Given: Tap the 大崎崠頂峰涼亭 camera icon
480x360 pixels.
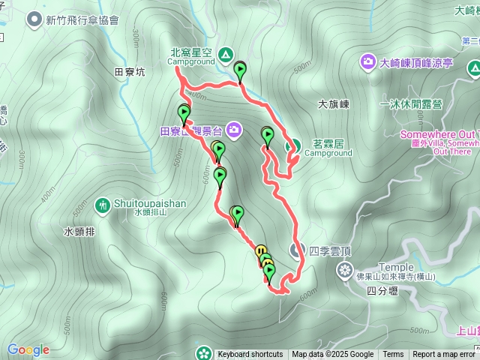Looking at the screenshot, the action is click(368, 61).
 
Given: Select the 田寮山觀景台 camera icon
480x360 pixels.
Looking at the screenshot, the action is click(235, 130).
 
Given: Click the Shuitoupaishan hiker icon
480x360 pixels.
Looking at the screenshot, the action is click(103, 204).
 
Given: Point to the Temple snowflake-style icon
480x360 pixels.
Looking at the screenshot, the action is click(345, 270).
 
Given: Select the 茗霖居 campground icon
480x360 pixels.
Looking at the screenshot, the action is click(295, 145).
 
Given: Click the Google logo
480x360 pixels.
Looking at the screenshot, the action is click(28, 349).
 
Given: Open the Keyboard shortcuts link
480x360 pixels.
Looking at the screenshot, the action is click(250, 355).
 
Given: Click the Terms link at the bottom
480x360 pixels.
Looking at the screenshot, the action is click(393, 355).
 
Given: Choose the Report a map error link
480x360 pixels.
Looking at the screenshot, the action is click(444, 355).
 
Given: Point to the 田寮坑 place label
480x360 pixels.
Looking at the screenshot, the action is click(130, 73).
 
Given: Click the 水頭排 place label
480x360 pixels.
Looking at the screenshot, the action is click(79, 232).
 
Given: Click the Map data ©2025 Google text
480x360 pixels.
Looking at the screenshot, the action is click(332, 355).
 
